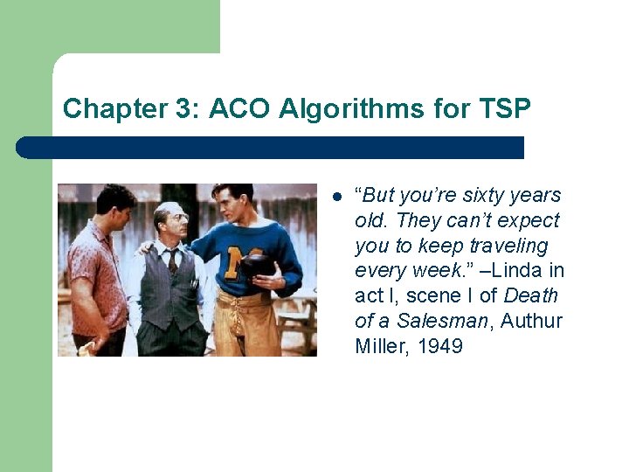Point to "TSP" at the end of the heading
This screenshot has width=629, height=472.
(x=505, y=109)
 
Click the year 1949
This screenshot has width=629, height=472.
(x=439, y=346)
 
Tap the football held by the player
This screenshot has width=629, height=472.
(x=257, y=265)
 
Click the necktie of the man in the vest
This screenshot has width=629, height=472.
(x=174, y=259)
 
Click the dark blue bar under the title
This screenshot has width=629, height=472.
(x=271, y=147)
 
